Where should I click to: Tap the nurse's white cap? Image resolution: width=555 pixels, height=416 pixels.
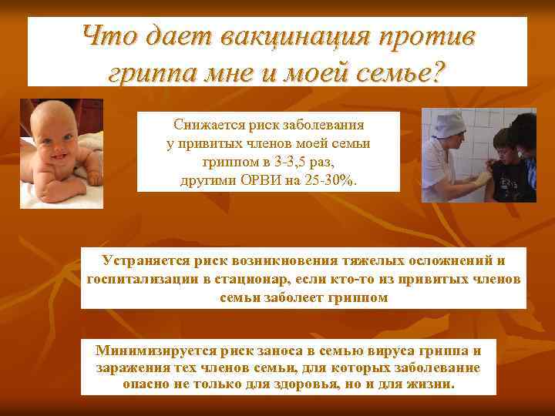[x=448, y=122]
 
